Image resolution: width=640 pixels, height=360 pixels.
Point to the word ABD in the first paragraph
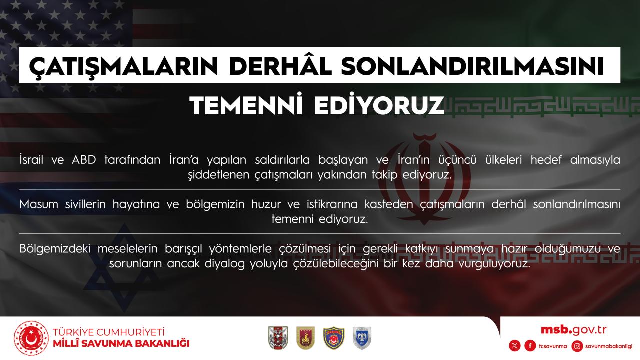pyautogui.click(x=84, y=160)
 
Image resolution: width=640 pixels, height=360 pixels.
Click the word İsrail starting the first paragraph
pyautogui.click(x=31, y=159)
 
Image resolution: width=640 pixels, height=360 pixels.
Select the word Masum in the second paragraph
pyautogui.click(x=39, y=204)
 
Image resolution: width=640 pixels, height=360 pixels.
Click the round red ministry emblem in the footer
pyautogui.click(x=31, y=338)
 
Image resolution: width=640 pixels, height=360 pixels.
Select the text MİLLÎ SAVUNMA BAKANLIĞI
pyautogui.click(x=121, y=343)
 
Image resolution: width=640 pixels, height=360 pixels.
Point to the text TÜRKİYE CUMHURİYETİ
pyautogui.click(x=109, y=332)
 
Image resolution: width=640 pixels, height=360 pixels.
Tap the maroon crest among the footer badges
pyautogui.click(x=305, y=338)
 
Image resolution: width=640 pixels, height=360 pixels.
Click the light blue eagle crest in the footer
pyautogui.click(x=362, y=338)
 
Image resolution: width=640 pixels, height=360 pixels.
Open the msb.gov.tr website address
pyautogui.click(x=573, y=330)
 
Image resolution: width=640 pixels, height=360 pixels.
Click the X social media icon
pyautogui.click(x=514, y=346)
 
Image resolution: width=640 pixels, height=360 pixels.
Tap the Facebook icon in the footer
pyautogui.click(x=530, y=346)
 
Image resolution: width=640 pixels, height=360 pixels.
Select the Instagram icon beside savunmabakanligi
pyautogui.click(x=577, y=346)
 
